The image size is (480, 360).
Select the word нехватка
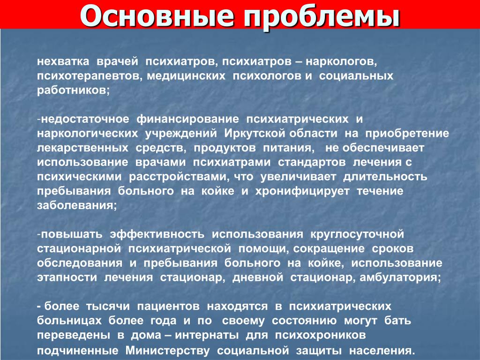(x=63, y=61)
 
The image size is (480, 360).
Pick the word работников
(x=73, y=90)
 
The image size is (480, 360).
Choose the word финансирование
(x=187, y=120)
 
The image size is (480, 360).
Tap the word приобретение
(x=407, y=134)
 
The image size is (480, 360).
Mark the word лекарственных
(x=82, y=148)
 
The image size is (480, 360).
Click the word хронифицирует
(x=302, y=192)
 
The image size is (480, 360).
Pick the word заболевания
(x=77, y=206)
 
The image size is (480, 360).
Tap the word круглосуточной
(x=357, y=235)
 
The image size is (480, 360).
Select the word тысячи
(x=108, y=307)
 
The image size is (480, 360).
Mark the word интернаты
(x=207, y=335)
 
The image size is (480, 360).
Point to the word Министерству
(x=168, y=351)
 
